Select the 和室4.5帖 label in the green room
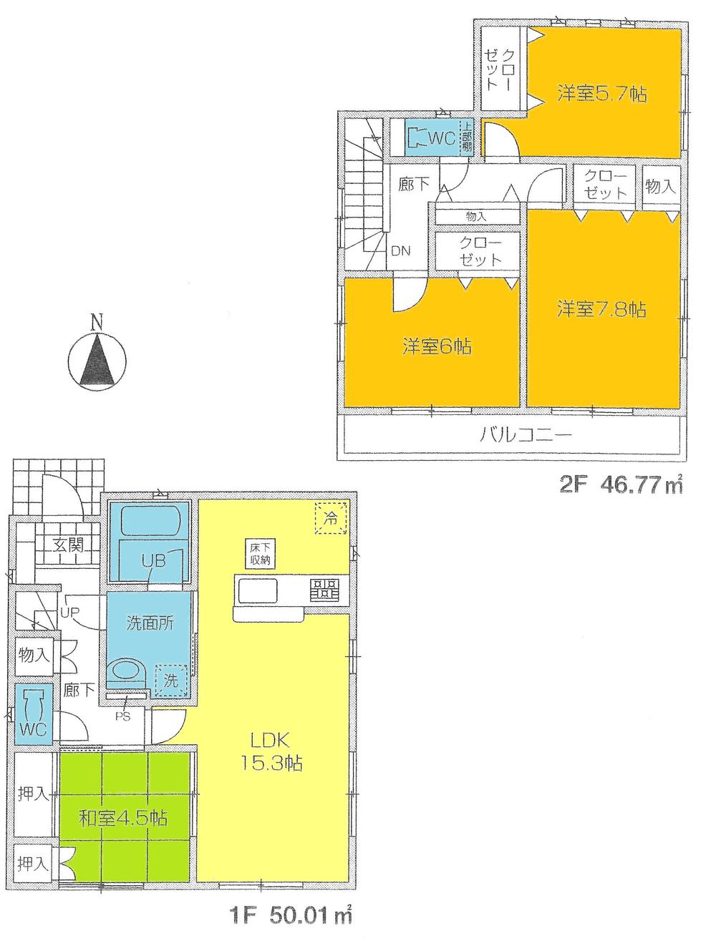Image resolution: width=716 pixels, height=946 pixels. [x=122, y=817]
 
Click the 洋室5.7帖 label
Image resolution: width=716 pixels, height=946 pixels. [x=601, y=93]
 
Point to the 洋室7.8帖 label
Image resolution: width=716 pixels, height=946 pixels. [x=601, y=309]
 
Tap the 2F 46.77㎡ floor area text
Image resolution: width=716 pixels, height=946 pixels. [x=620, y=487]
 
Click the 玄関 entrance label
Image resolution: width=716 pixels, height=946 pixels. [x=68, y=545]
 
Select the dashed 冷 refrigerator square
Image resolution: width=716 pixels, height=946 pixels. [x=330, y=517]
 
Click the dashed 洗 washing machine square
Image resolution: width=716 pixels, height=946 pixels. [x=172, y=679]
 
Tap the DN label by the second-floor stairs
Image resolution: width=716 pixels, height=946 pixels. [x=400, y=250]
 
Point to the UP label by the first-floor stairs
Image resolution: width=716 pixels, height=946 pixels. [x=69, y=613]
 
